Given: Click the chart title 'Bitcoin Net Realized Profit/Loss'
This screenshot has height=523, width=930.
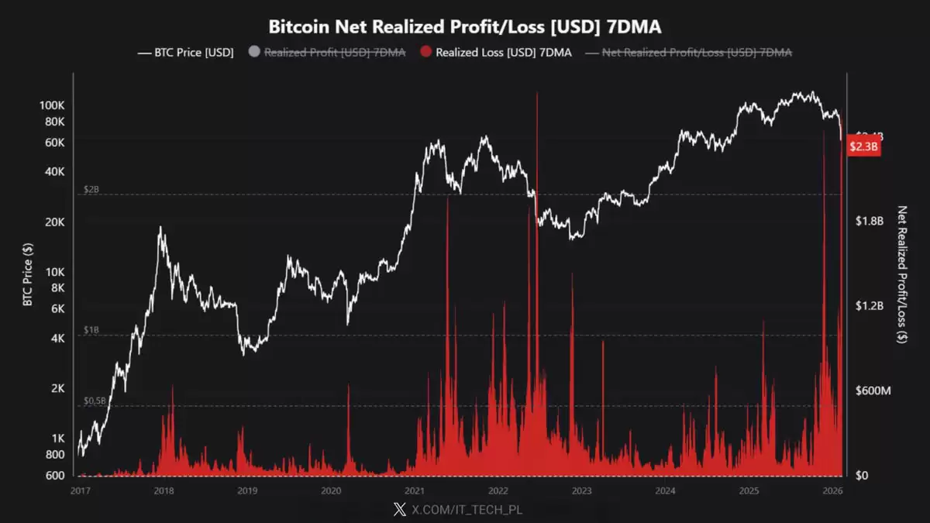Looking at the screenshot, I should [464, 27].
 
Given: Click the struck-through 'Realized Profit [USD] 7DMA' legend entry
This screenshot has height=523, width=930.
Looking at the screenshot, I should [334, 53].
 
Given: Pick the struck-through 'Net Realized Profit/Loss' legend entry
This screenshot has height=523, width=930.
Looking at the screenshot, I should [697, 53].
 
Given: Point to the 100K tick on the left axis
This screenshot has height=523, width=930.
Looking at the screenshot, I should [51, 105].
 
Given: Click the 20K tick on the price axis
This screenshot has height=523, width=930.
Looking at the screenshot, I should [54, 222].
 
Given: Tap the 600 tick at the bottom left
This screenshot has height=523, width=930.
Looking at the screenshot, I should [54, 476].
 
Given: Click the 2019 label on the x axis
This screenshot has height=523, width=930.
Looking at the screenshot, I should [247, 490].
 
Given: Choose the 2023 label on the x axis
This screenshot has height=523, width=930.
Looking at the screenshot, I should [581, 490].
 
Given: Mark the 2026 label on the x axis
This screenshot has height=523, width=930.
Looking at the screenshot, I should [832, 490].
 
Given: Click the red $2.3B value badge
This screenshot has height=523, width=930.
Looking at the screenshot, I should [863, 146].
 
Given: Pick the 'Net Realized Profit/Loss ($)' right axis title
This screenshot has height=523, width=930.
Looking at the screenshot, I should [901, 274].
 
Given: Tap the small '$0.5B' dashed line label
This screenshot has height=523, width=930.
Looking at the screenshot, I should [95, 401].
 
